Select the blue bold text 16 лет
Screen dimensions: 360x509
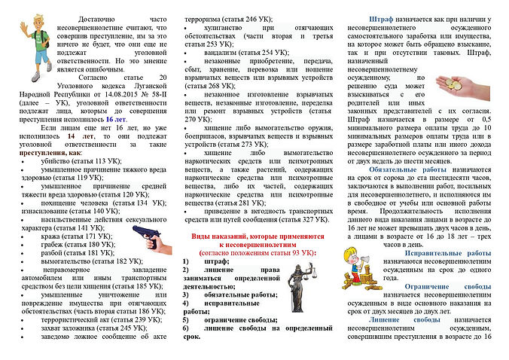(x=115, y=119)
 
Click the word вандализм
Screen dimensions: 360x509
(x=213, y=52)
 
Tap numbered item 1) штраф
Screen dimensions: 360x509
(x=202, y=261)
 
